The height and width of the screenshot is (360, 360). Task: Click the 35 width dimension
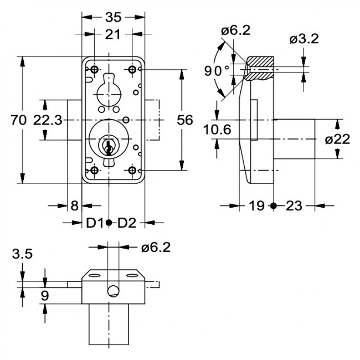(x=113, y=17)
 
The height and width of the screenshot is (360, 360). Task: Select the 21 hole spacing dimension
(x=112, y=34)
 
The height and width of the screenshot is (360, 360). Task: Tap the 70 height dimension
(x=19, y=120)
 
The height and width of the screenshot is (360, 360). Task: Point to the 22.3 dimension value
(x=48, y=120)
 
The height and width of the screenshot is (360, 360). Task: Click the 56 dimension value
(x=185, y=120)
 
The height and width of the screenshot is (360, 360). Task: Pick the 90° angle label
(x=217, y=71)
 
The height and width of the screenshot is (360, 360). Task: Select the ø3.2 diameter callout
(x=304, y=39)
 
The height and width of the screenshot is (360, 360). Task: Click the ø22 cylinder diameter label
(x=338, y=140)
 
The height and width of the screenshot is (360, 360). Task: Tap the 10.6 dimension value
(x=217, y=130)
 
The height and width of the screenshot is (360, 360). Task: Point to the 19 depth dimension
(x=256, y=205)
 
